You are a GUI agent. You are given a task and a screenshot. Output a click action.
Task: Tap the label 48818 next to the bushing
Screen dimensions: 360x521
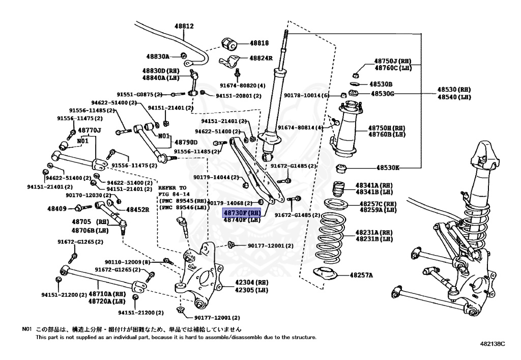click(x=259, y=43)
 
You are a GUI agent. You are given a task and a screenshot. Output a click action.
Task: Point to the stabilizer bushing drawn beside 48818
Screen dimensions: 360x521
click(x=229, y=44)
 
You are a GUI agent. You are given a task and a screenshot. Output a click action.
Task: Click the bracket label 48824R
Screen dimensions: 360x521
click(x=260, y=58)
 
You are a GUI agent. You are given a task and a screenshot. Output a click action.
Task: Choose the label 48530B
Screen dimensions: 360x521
click(x=381, y=84)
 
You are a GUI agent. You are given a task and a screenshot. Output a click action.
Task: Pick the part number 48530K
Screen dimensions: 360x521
click(x=388, y=167)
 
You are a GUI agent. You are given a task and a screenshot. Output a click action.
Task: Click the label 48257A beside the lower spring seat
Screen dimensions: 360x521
click(x=361, y=275)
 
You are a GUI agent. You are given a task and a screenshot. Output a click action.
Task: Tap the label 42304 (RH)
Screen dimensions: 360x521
click(x=251, y=282)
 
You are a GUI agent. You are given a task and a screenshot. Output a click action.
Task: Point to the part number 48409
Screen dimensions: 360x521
click(x=57, y=208)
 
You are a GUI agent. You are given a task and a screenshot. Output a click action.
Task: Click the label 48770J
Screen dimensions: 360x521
click(x=89, y=130)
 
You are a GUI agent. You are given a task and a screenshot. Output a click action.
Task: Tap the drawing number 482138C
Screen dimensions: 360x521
click(x=492, y=344)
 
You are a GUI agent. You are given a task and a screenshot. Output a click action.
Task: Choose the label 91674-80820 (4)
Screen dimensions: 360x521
click(x=243, y=85)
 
